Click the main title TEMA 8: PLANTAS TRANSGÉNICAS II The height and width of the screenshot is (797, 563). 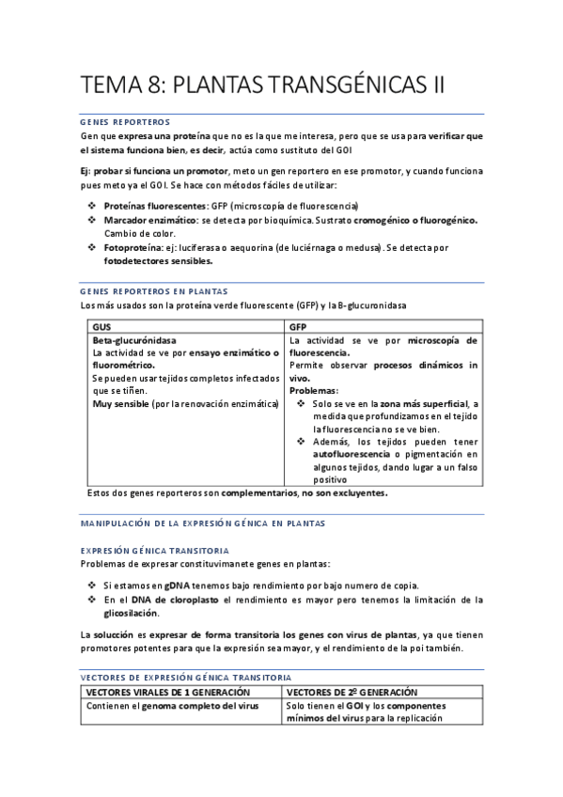coord(262,86)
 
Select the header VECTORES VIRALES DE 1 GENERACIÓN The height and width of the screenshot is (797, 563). coord(168,691)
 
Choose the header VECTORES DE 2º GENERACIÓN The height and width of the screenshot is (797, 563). coord(352,691)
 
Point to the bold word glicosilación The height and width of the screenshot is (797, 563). coord(133,612)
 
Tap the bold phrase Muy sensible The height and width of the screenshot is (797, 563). coord(120,403)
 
